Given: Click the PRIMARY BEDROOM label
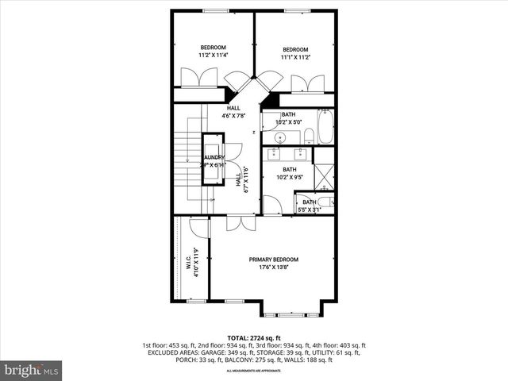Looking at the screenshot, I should pyautogui.click(x=273, y=260).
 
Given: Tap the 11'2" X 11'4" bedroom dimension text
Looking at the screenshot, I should pyautogui.click(x=213, y=56).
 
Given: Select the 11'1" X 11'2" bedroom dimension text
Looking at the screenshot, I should pyautogui.click(x=294, y=57).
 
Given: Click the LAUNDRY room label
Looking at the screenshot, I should pyautogui.click(x=214, y=158).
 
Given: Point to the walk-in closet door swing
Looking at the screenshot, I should pyautogui.click(x=201, y=228).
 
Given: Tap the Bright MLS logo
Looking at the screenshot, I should pyautogui.click(x=32, y=370).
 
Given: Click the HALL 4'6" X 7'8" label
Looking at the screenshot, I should pyautogui.click(x=233, y=112).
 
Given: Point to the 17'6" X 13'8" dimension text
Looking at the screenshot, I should pyautogui.click(x=273, y=267).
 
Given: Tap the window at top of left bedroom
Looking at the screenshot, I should pyautogui.click(x=213, y=10).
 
